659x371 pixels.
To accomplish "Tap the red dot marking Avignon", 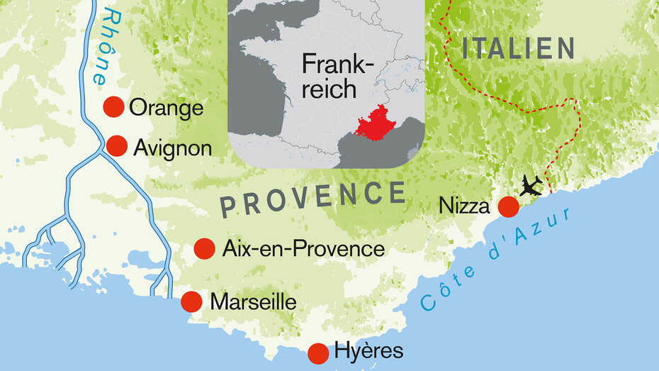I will click(116, 145).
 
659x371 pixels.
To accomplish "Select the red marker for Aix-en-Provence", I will click(204, 248).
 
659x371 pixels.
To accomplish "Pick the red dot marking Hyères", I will click(318, 352).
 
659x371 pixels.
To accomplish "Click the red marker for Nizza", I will click(507, 206).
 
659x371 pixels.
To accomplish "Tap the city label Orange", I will click(167, 109).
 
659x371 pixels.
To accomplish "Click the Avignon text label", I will click(172, 148).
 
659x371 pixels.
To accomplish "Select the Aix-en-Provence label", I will click(303, 249).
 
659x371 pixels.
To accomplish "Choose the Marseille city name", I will click(253, 302).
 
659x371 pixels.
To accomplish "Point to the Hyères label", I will click(368, 351).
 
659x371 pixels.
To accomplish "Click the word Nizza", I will click(464, 206).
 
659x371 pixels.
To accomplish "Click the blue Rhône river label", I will click(102, 46).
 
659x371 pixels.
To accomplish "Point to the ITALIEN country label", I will click(517, 48).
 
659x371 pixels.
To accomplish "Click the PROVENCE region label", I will click(312, 198).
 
